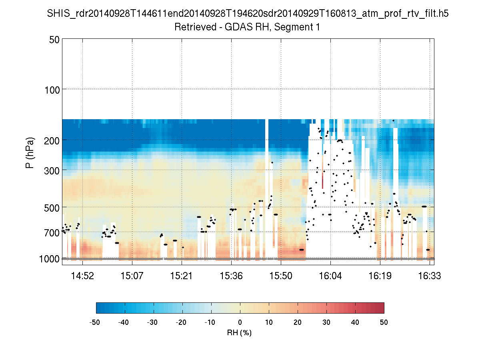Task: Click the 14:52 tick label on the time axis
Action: tap(82, 276)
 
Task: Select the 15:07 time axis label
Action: tap(132, 276)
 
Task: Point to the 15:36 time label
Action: tap(231, 276)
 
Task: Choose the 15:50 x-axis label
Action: tap(281, 276)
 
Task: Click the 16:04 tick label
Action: tap(330, 276)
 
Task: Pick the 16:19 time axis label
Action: tap(380, 276)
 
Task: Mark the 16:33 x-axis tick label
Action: tap(430, 276)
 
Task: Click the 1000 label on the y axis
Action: tap(49, 259)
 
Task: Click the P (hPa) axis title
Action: tap(30, 153)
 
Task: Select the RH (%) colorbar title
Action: tap(240, 332)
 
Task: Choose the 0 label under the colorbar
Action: tap(240, 322)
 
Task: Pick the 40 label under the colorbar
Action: tap(355, 322)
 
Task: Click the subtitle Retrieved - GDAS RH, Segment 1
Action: tap(248, 27)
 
